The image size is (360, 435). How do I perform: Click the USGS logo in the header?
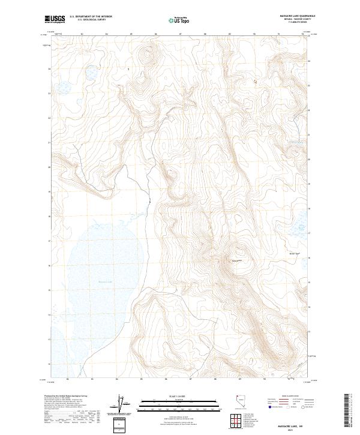[x=55, y=20]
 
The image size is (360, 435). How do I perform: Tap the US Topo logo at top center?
[x=175, y=20]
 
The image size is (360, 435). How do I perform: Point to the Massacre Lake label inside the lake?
[x=88, y=280]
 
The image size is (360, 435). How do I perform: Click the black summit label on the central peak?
[x=236, y=260]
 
